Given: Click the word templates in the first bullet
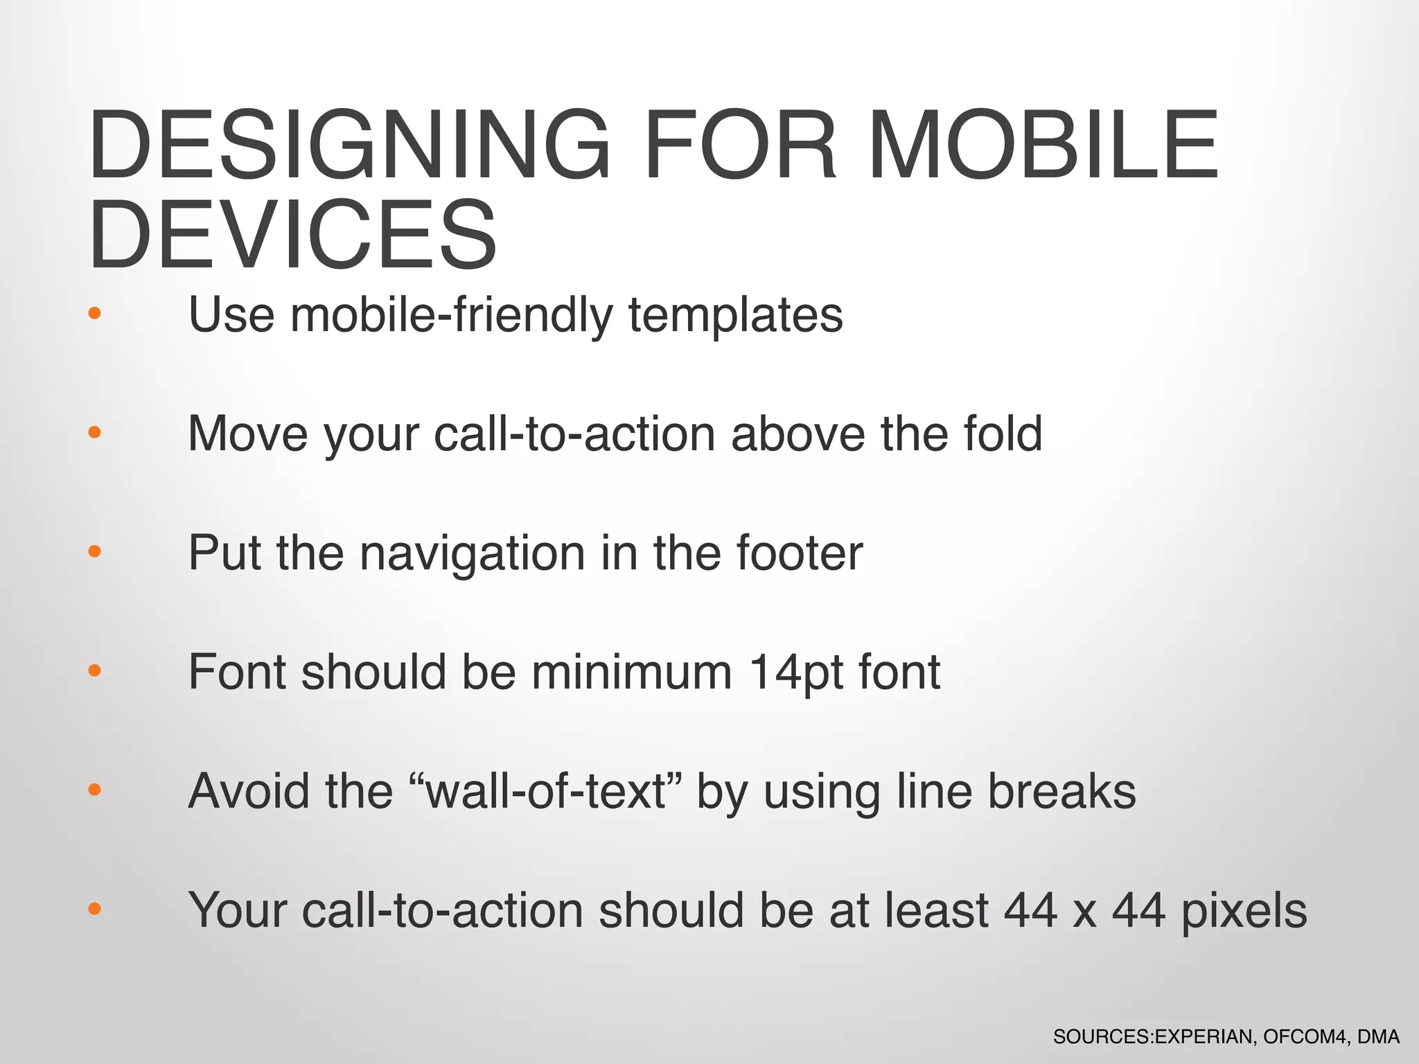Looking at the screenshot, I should (736, 315).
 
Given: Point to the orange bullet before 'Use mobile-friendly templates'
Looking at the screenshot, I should (95, 313).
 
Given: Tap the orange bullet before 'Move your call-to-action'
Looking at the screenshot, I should (95, 432).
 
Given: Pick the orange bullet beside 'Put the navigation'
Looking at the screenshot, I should (95, 551).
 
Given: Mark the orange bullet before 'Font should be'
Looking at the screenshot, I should (95, 671).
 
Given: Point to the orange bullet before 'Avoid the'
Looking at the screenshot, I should (95, 790).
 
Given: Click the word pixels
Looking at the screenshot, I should (1244, 912).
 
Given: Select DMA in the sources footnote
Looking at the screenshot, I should (1378, 1037).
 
